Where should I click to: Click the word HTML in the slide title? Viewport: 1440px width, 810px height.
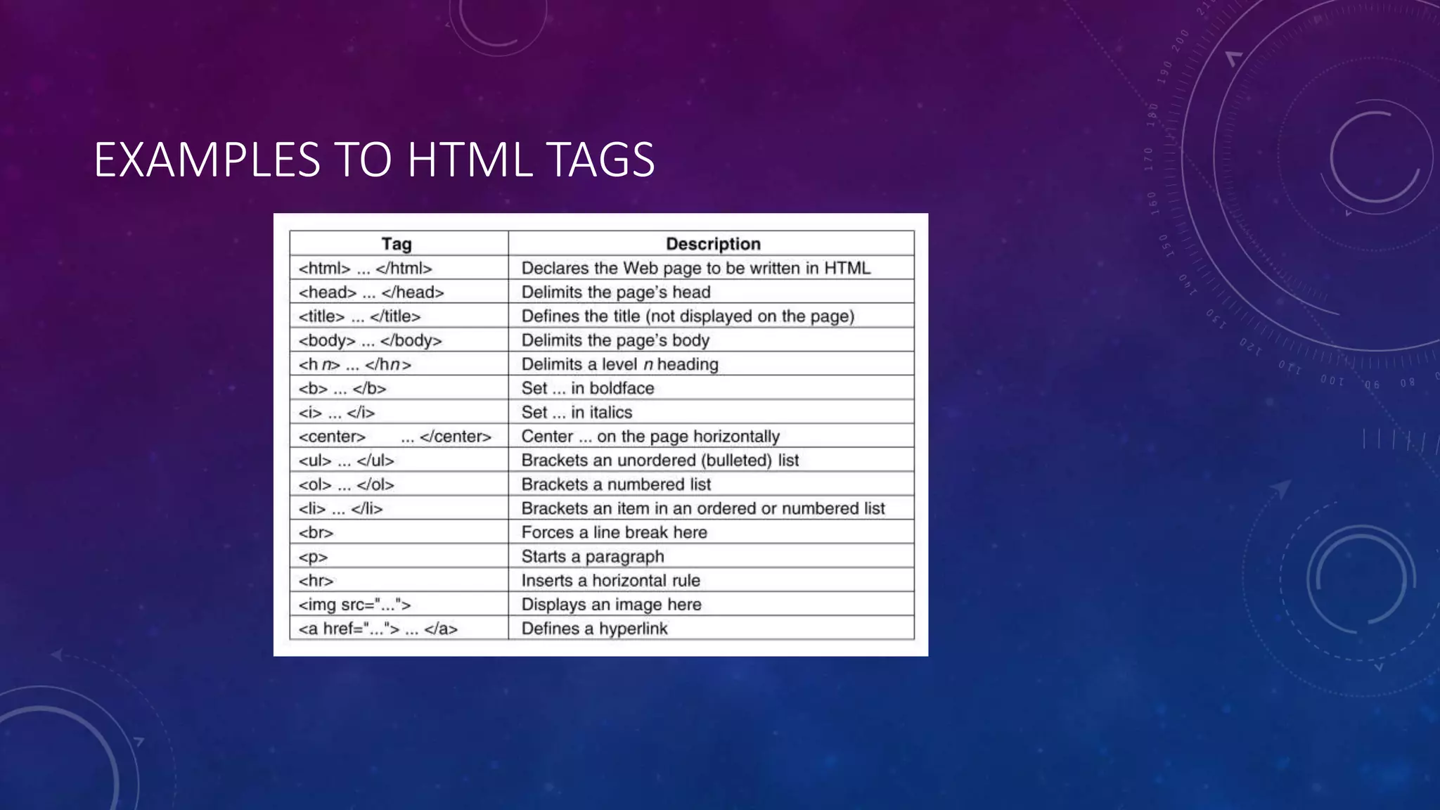[x=469, y=160]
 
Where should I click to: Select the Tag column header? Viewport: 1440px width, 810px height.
[x=397, y=244]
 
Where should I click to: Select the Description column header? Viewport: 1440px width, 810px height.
[x=713, y=244]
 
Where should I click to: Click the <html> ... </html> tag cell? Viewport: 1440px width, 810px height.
[x=365, y=269]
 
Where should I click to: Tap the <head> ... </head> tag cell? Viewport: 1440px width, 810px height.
[x=371, y=292]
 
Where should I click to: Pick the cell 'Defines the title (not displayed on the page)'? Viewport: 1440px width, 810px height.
[x=688, y=316]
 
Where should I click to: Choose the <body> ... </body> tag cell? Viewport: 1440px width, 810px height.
[x=370, y=340]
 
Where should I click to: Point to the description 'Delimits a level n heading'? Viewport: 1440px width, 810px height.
[x=619, y=364]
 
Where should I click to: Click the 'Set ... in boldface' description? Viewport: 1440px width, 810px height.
[x=587, y=388]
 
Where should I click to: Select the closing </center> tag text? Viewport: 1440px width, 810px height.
[x=455, y=437]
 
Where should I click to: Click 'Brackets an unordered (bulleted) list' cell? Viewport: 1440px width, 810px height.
[x=660, y=461]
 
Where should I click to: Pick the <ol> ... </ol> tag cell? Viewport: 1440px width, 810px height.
[x=346, y=484]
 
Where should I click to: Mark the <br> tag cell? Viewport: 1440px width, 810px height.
[x=316, y=533]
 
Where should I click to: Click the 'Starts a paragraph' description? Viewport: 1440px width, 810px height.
[x=592, y=557]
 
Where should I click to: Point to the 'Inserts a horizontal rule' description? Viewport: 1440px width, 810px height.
[x=610, y=581]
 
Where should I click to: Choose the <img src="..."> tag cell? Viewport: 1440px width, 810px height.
[x=354, y=605]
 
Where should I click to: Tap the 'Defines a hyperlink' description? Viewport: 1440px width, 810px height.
[x=594, y=629]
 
